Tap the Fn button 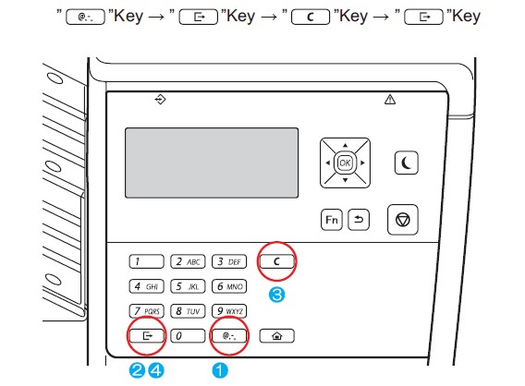pyautogui.click(x=332, y=220)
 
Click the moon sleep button pyautogui.click(x=406, y=163)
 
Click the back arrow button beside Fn pyautogui.click(x=359, y=220)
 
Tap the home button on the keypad pyautogui.click(x=277, y=336)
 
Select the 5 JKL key pyautogui.click(x=188, y=286)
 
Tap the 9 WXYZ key pyautogui.click(x=229, y=311)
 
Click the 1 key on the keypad pyautogui.click(x=147, y=261)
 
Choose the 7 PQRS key pyautogui.click(x=147, y=311)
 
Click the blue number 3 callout pyautogui.click(x=277, y=295)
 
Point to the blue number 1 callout pyautogui.click(x=220, y=370)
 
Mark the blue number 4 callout pyautogui.click(x=156, y=370)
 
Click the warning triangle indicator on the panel pyautogui.click(x=390, y=100)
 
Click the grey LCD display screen pyautogui.click(x=212, y=163)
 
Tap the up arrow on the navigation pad pyautogui.click(x=345, y=146)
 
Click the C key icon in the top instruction pyautogui.click(x=311, y=17)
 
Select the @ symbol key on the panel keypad pyautogui.click(x=229, y=336)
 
